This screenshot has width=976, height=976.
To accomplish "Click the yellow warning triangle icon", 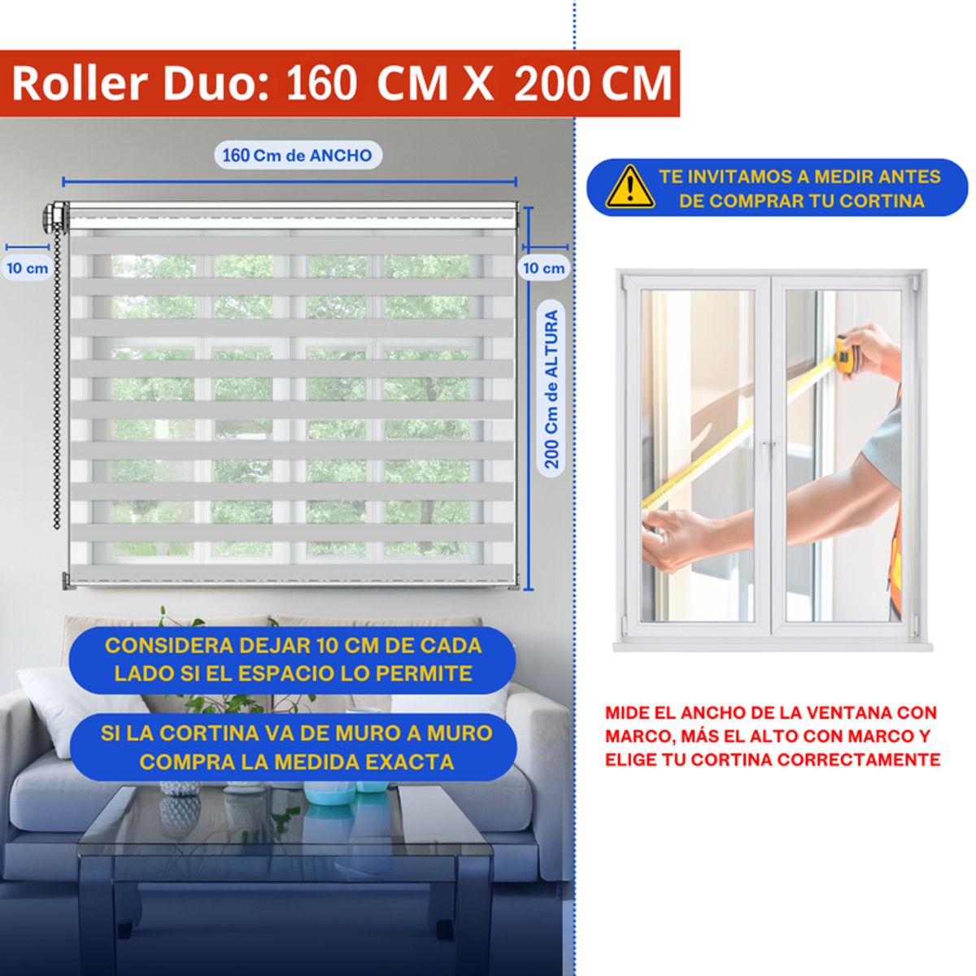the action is point(630,187).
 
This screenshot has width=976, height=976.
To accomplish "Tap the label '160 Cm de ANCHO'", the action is point(298,155).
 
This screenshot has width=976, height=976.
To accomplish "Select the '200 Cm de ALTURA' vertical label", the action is point(551,389).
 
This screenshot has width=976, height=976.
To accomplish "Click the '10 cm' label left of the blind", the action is point(28,268).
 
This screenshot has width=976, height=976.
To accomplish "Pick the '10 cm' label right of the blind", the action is point(543,268).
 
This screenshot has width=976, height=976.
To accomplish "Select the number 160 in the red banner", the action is point(321,84).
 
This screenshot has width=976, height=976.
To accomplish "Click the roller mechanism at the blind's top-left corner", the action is point(56,216).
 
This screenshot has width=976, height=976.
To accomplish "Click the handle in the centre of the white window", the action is point(770,452).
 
